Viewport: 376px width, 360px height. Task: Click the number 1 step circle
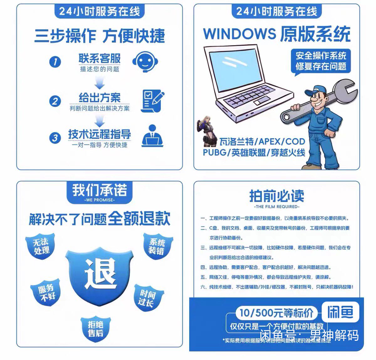pos(55,61)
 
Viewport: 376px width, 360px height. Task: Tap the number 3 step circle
pos(55,138)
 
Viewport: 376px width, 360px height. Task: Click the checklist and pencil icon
pos(152,101)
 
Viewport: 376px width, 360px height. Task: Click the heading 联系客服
pos(99,58)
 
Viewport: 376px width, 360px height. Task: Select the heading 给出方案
pos(99,97)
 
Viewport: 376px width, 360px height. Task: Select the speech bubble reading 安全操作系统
pos(321,61)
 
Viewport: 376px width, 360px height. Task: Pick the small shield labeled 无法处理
pos(41,246)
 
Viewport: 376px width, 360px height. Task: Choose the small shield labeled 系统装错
pos(157,246)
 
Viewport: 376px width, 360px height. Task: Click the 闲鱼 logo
pos(340,312)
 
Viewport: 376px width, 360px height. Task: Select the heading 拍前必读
pos(276,196)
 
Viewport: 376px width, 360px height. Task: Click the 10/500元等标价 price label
pos(276,313)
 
